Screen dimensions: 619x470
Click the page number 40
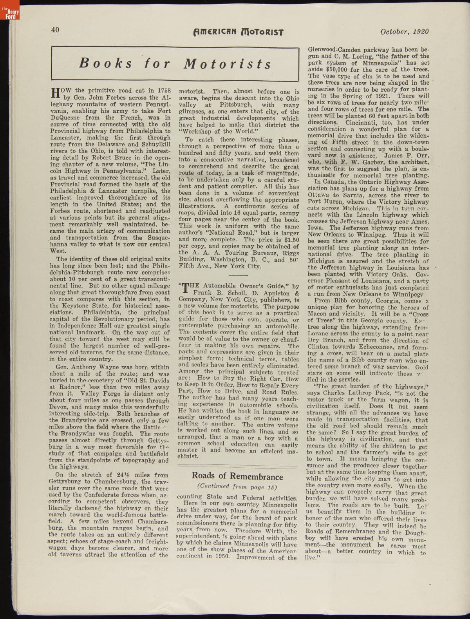click(x=55, y=29)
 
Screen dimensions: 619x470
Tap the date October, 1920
click(x=404, y=32)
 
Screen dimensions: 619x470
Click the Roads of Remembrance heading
click(x=237, y=476)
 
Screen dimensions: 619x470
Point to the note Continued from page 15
click(x=237, y=487)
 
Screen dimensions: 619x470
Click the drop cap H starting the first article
click(x=56, y=93)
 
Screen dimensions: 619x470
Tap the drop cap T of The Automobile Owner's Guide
click(x=186, y=289)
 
